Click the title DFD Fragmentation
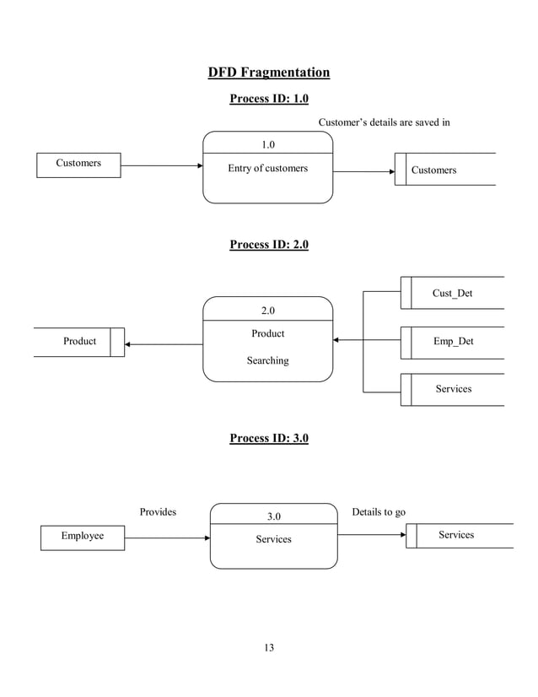click(268, 73)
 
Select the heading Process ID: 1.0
click(268, 100)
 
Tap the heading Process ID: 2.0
click(268, 245)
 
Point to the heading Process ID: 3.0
click(268, 439)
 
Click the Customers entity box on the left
click(78, 164)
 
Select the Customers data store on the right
click(444, 170)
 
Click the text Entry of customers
click(267, 169)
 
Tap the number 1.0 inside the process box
click(267, 144)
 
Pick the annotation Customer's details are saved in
click(384, 122)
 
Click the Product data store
click(79, 342)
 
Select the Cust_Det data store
click(452, 293)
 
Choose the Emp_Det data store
click(452, 342)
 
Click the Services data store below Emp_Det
click(453, 389)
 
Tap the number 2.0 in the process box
click(267, 310)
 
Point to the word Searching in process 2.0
click(267, 360)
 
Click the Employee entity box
click(83, 537)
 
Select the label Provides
click(158, 512)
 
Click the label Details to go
click(378, 512)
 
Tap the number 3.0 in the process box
click(273, 516)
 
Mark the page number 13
click(269, 648)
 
